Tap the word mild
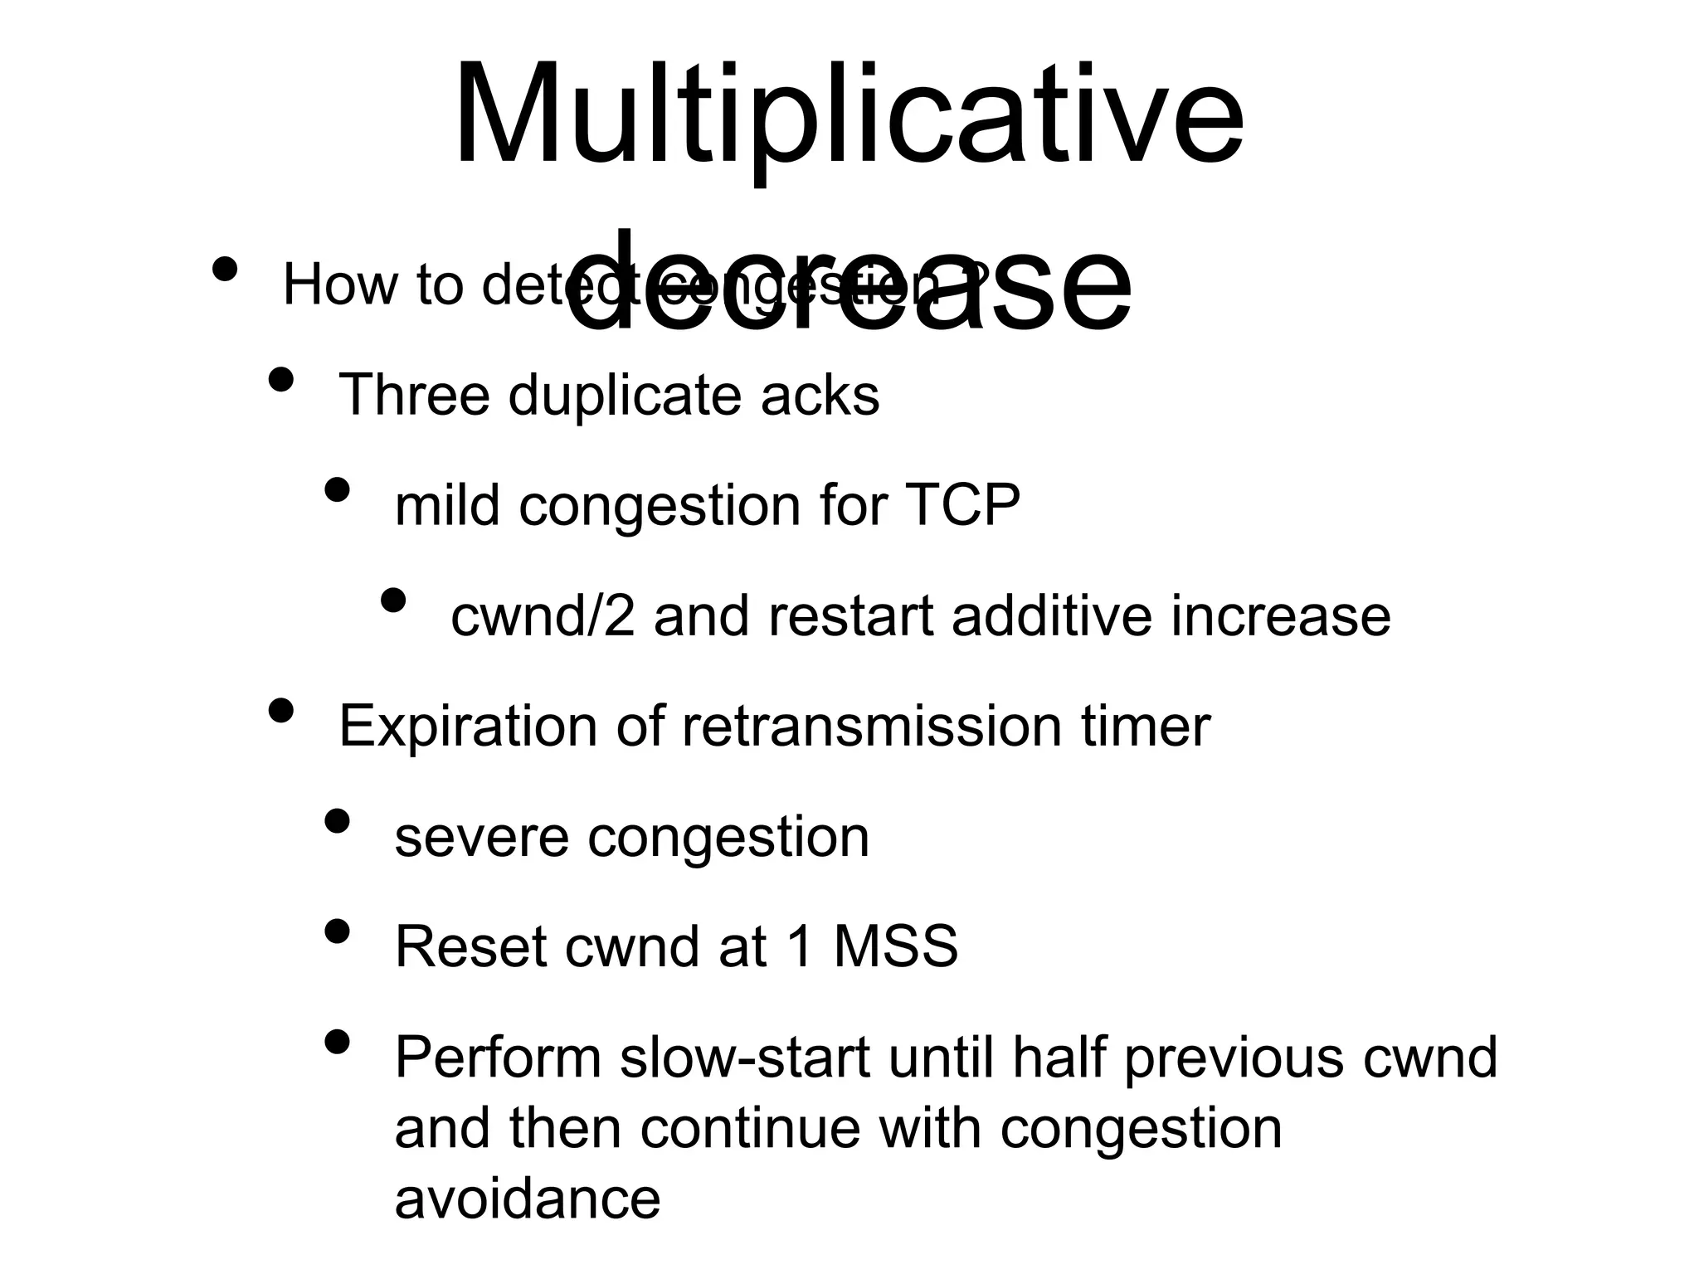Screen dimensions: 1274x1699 [447, 505]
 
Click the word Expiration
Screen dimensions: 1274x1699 [468, 727]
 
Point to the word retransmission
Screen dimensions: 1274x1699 [871, 727]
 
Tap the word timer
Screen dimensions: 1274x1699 [1146, 727]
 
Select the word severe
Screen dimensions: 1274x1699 [481, 837]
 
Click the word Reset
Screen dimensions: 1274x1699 [470, 947]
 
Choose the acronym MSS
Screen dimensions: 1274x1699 [895, 947]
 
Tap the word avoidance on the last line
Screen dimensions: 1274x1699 [528, 1199]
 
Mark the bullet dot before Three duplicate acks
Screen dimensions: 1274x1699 [281, 380]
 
